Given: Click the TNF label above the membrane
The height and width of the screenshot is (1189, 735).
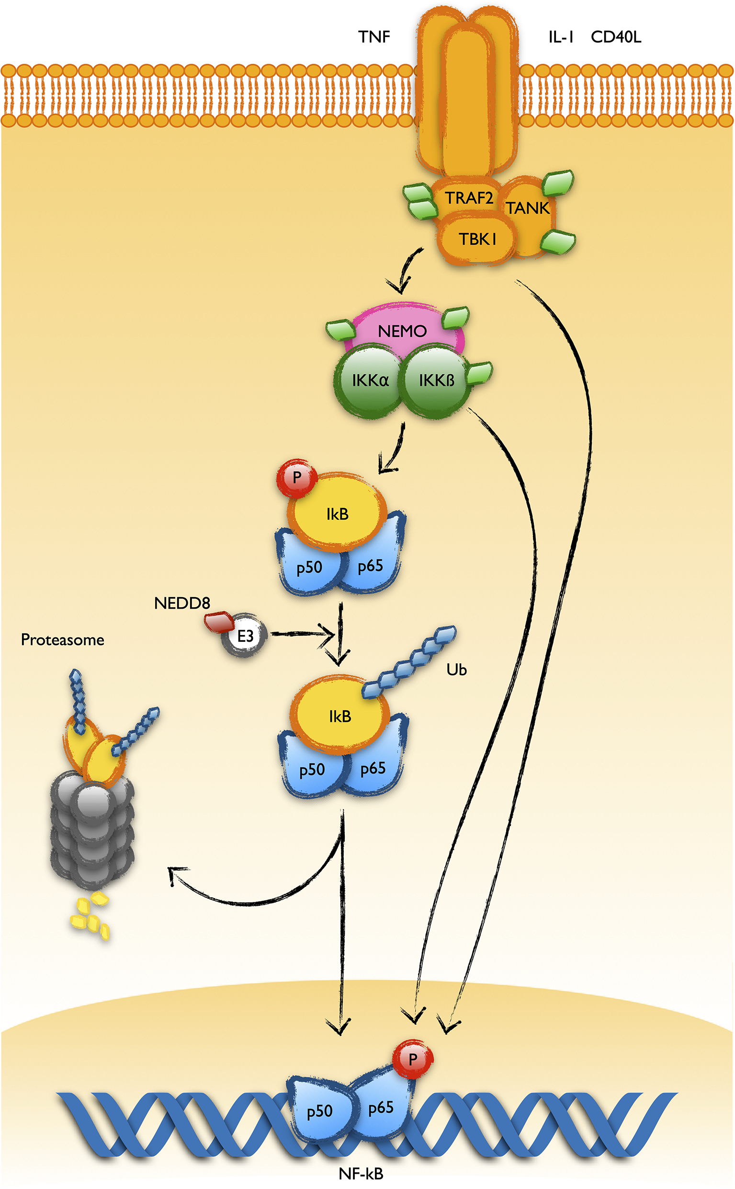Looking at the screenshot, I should coord(374,37).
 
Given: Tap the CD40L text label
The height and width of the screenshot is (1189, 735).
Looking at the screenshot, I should coord(615,37).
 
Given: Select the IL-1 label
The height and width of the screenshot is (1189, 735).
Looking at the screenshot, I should coord(561,37).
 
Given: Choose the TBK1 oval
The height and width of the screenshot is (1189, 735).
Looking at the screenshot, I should coord(476,239).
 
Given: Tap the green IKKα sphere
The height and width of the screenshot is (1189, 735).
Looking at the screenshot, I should coord(368,381).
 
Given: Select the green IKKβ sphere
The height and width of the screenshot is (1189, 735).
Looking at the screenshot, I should coord(436,381).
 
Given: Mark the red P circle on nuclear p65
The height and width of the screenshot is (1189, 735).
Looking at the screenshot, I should coord(412,1059).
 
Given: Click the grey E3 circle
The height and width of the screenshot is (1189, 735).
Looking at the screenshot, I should coord(245,635).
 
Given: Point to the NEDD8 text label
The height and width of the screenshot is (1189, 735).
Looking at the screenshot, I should coord(182,603).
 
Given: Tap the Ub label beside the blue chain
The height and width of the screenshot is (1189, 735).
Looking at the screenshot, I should coord(456,670).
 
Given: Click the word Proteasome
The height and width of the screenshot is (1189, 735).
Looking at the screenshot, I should coord(62,640).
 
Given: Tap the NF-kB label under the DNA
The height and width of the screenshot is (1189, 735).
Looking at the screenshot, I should coord(361,1174).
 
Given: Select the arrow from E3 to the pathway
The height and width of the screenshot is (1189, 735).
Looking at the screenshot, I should coord(301,634).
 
